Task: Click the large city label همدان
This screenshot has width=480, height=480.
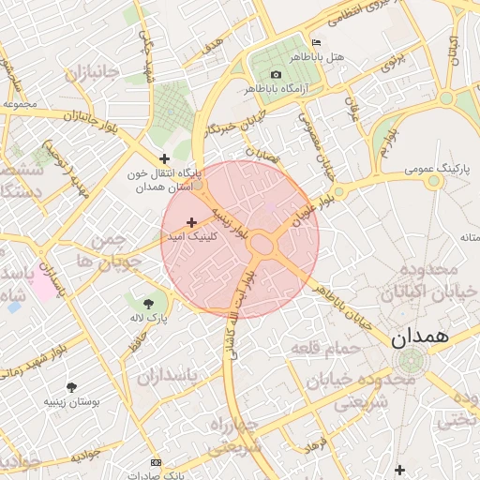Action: click(417, 335)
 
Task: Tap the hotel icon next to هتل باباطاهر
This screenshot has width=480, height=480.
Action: click(315, 43)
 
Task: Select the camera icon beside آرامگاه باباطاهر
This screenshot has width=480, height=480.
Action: click(276, 74)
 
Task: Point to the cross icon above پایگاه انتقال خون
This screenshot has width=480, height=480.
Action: click(165, 158)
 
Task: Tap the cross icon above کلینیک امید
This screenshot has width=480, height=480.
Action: click(192, 222)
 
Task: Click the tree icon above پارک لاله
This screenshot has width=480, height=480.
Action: click(148, 303)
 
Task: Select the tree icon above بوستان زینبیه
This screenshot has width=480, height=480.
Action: click(71, 386)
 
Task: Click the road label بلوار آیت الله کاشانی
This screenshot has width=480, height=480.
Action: click(238, 314)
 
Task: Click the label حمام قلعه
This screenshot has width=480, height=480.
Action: click(318, 349)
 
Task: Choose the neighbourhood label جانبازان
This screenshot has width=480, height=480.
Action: click(88, 72)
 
